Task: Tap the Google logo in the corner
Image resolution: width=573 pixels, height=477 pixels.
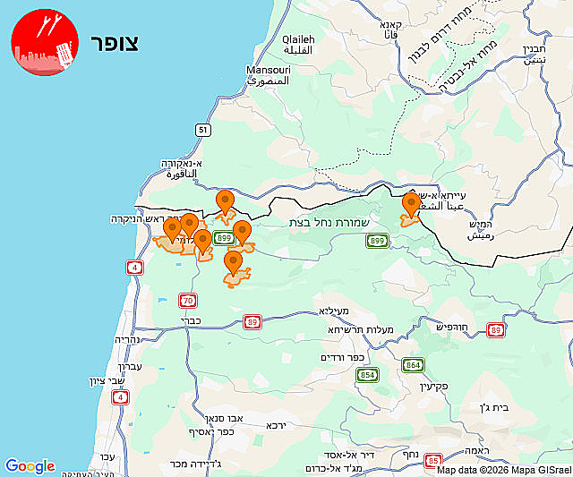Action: (30, 466)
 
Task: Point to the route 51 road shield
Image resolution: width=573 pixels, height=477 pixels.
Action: (204, 131)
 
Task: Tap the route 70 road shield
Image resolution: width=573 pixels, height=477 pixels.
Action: (187, 300)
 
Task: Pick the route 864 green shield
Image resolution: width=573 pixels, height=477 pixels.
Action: (413, 365)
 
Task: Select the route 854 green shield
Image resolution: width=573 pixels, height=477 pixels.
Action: (367, 375)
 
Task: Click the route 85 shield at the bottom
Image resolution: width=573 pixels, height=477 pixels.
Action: (433, 460)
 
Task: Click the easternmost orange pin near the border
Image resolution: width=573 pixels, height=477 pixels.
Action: (411, 205)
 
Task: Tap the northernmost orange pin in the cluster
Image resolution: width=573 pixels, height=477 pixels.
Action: (226, 201)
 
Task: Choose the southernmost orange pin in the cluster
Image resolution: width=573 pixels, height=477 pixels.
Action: (234, 263)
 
